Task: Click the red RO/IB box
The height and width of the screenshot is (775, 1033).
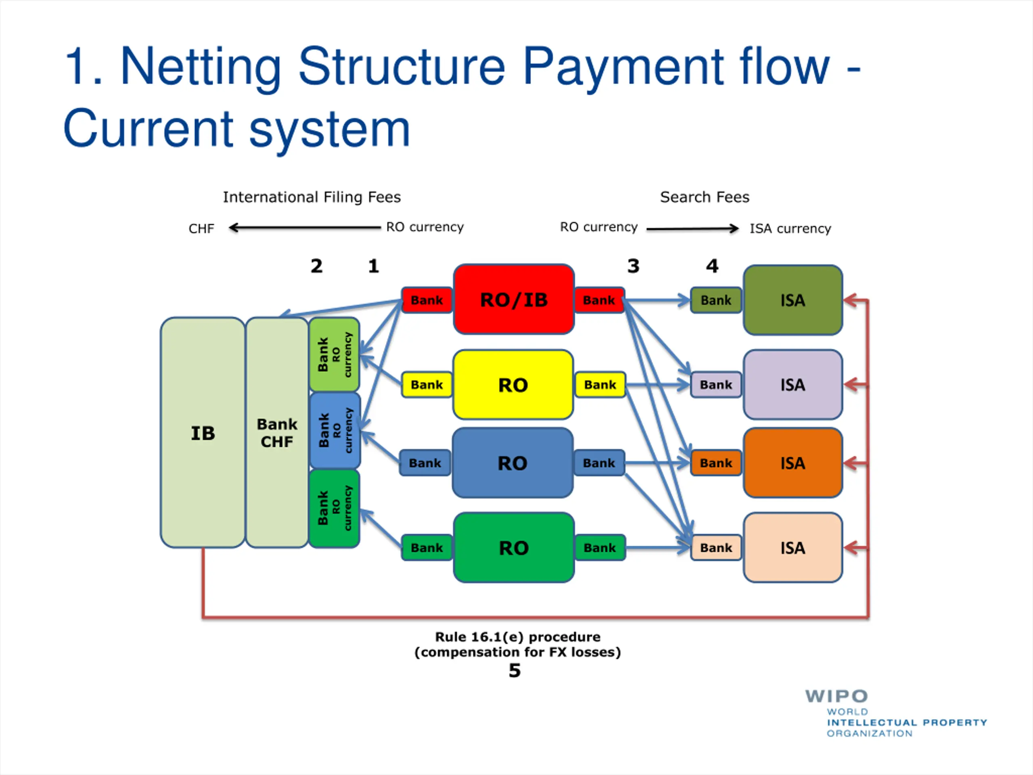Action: coord(514,300)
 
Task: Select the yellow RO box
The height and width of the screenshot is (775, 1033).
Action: coord(513,384)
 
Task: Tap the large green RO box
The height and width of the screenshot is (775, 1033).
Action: coord(514,547)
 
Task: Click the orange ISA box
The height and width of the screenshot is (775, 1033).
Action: coord(793,463)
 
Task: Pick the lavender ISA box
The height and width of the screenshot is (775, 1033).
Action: coord(793,384)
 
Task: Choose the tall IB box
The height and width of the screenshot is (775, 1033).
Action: coord(203,433)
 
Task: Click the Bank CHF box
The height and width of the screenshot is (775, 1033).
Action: coord(277,433)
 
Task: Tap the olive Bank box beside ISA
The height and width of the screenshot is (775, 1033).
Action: coord(716,300)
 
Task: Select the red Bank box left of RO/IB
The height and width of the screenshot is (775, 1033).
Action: coord(427,300)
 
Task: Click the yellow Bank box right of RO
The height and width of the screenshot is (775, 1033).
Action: coord(600,384)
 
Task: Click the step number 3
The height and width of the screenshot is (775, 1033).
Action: coord(633,266)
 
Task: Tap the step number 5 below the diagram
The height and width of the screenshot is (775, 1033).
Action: coord(514,671)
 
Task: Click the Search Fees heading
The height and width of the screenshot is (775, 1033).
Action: coord(704,197)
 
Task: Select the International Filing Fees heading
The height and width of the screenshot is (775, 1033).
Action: coord(312,197)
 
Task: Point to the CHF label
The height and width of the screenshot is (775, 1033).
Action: coord(201,228)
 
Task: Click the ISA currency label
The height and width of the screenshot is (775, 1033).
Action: coord(790,228)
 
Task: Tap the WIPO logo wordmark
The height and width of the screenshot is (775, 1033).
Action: coord(836,696)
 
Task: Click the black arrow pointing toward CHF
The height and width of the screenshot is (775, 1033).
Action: coord(305,228)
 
